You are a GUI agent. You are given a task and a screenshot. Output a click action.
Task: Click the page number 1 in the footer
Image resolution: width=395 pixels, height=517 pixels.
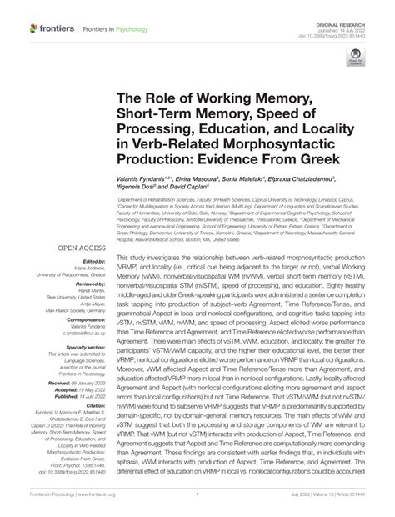coord(197,495)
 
